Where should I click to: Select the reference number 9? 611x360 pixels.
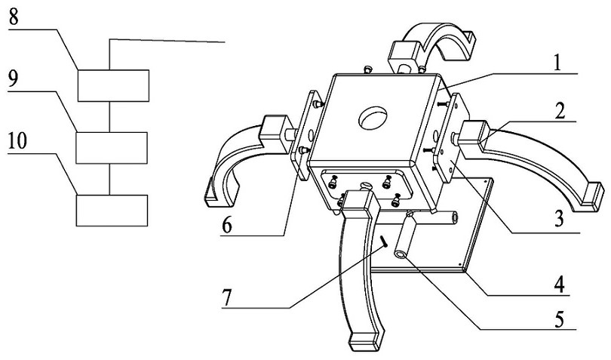tap(13, 78)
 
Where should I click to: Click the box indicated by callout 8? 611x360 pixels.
tap(113, 85)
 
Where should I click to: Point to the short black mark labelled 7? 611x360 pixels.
tap(384, 242)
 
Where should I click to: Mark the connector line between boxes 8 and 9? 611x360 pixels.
tap(111, 116)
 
